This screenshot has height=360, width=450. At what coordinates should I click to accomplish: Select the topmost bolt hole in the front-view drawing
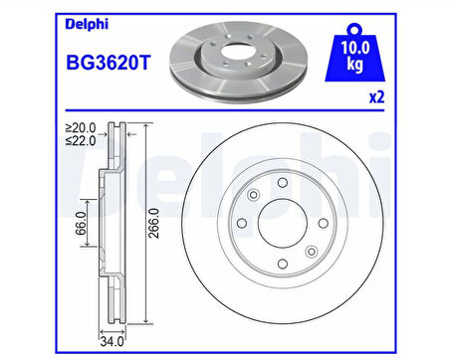[x=283, y=181]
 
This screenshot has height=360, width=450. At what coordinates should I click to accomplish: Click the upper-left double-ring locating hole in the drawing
[x=254, y=195]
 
